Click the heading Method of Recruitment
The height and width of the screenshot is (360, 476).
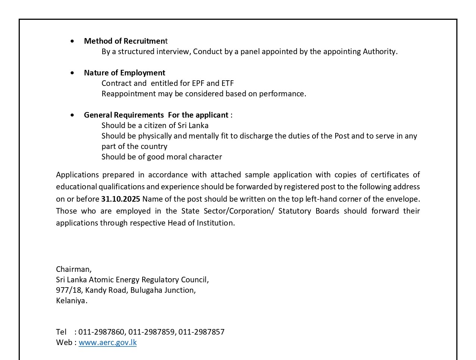click(x=125, y=41)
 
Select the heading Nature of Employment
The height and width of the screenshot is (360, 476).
click(x=124, y=73)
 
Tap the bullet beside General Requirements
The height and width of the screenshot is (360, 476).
click(x=72, y=115)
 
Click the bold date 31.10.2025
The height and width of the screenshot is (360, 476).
click(x=121, y=199)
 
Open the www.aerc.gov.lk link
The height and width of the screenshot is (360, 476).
click(x=108, y=342)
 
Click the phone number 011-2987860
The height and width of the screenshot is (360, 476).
click(x=101, y=332)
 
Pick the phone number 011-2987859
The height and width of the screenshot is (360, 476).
click(x=151, y=332)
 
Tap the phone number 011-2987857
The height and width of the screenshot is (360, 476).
click(x=201, y=332)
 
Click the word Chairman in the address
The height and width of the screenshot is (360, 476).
click(x=73, y=269)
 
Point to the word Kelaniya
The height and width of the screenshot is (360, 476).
click(x=71, y=301)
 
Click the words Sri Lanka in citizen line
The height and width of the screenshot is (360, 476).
click(x=193, y=125)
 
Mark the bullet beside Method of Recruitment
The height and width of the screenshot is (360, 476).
click(x=72, y=41)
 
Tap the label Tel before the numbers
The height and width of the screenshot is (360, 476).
click(x=61, y=332)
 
